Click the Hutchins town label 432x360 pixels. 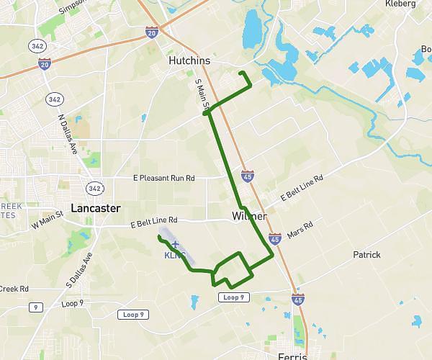point(189,62)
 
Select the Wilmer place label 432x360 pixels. point(250,216)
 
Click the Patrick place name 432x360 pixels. point(366,255)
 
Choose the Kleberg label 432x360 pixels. point(400,4)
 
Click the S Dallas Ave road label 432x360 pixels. point(79,268)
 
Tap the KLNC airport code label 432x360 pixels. point(175,256)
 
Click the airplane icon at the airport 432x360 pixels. point(175,245)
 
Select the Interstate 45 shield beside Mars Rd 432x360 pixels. point(274,238)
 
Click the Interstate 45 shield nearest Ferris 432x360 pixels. point(298,298)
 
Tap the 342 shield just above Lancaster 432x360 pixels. point(94,188)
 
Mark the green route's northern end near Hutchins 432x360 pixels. point(240,74)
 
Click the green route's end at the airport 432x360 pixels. point(158,236)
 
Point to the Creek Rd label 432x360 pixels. point(14,289)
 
